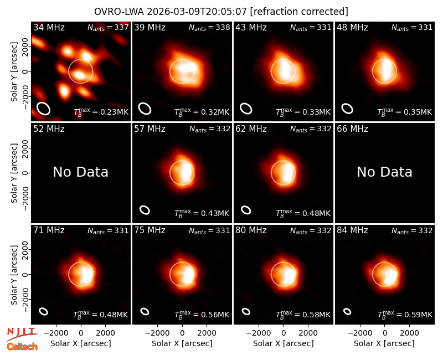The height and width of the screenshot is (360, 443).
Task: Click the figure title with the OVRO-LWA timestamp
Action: tap(221, 12)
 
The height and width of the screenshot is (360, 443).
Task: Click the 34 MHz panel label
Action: tap(49, 27)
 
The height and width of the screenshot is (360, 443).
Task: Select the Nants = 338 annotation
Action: tap(209, 27)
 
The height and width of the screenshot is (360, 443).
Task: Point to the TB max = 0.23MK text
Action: tap(101, 112)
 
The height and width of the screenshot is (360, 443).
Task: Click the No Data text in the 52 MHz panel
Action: tap(81, 172)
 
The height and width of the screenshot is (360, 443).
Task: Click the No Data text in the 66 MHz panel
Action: tap(384, 172)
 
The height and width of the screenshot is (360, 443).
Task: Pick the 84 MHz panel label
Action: tap(352, 230)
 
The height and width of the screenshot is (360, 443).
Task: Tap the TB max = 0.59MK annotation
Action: tap(405, 315)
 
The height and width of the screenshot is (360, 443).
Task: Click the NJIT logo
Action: tap(22, 334)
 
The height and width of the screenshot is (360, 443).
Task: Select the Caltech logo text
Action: tap(22, 347)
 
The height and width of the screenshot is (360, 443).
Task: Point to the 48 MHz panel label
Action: tap(352, 27)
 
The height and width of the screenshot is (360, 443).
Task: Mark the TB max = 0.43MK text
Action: tap(202, 213)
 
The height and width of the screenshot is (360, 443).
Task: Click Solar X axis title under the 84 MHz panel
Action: tap(384, 343)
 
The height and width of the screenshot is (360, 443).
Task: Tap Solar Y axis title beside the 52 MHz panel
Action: tap(14, 173)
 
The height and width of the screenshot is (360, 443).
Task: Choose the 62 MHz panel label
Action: tap(251, 129)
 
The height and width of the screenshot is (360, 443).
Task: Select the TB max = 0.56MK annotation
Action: tap(202, 315)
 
